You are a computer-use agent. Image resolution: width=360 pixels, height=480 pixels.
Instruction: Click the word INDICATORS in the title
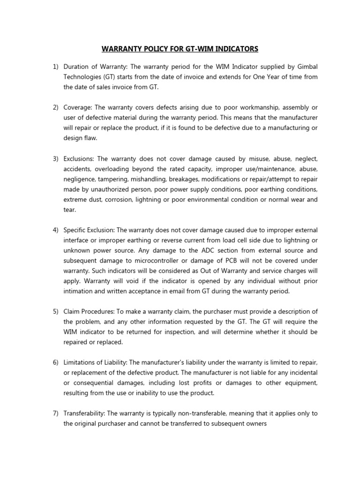tap(232, 49)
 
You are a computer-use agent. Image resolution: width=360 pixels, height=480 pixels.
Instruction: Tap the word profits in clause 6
tap(210, 383)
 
